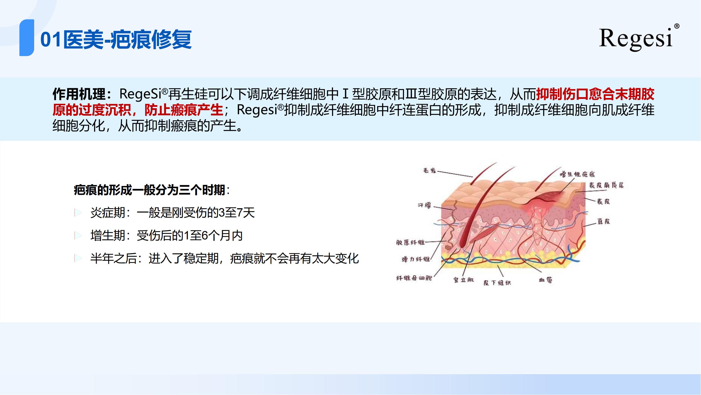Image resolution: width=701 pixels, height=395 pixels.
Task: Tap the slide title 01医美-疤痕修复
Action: click(116, 39)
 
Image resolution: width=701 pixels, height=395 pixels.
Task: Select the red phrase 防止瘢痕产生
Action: click(184, 110)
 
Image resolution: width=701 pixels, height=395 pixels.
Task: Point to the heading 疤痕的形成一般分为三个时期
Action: click(149, 190)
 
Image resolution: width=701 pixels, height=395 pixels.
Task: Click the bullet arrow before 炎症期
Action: click(78, 213)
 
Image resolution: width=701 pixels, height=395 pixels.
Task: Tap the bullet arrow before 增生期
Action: click(78, 235)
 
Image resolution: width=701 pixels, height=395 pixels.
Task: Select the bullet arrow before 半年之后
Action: click(78, 258)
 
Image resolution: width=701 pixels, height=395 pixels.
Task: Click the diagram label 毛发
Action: click(430, 171)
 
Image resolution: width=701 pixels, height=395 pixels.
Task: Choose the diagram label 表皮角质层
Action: click(606, 185)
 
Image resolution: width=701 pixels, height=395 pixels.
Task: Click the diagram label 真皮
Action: click(603, 221)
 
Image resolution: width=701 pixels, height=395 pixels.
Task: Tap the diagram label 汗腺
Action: click(424, 205)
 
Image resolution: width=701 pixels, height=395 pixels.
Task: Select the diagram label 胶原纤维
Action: click(410, 242)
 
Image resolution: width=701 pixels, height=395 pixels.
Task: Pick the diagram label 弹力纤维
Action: click(416, 259)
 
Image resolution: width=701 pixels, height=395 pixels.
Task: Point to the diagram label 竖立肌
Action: click(464, 280)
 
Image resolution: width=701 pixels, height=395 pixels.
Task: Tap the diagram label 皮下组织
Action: click(497, 283)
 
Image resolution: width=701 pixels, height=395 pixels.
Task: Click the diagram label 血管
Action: click(546, 280)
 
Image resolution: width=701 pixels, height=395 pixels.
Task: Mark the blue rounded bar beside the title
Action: click(27, 38)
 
